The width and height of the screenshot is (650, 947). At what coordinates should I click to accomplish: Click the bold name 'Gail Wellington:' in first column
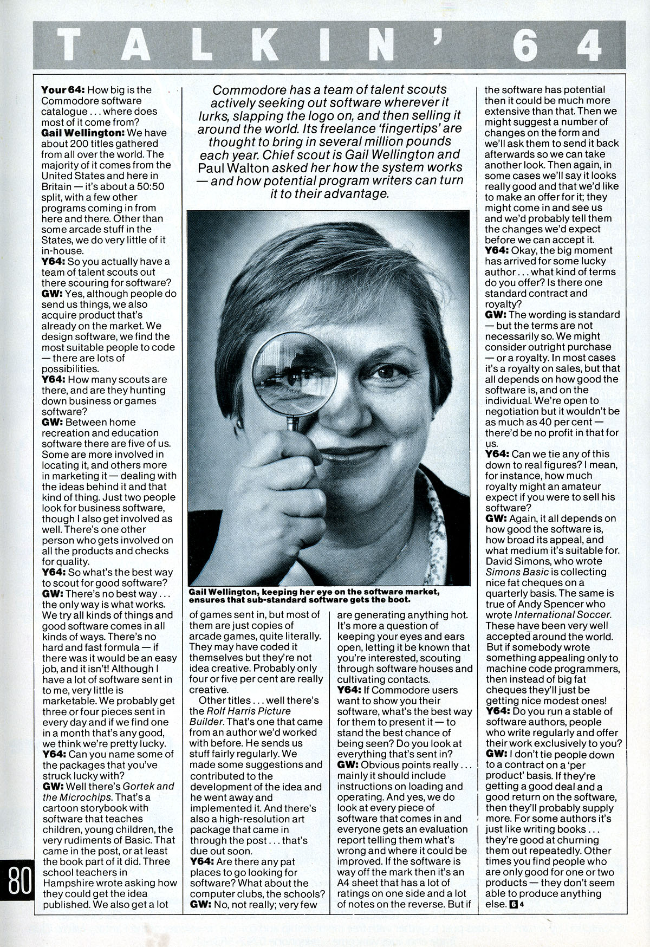point(77,133)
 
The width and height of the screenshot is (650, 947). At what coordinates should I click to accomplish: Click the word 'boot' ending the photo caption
point(399,601)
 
